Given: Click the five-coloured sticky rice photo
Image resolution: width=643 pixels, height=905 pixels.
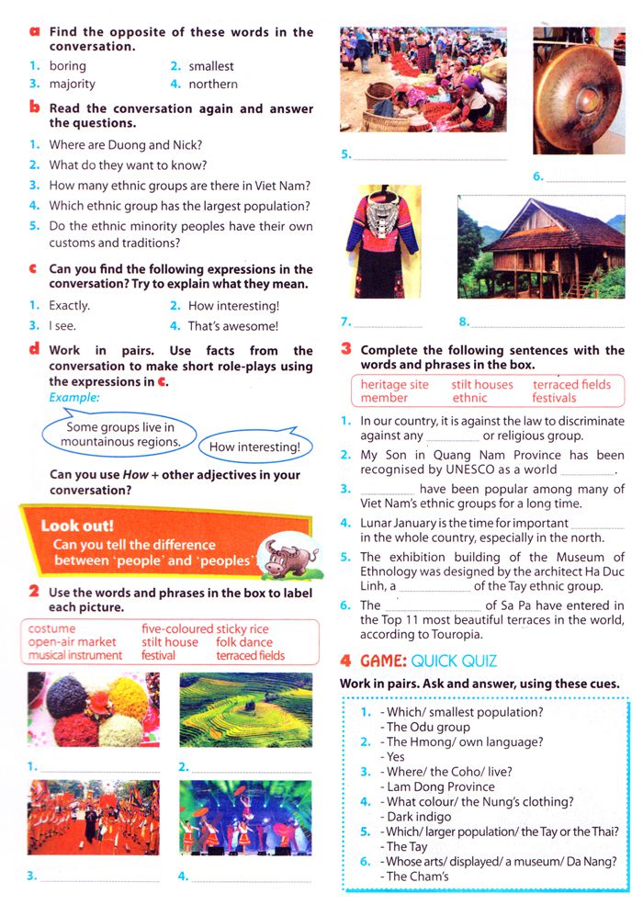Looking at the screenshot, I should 93,711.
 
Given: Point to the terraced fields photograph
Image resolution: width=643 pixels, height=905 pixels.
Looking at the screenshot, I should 245,711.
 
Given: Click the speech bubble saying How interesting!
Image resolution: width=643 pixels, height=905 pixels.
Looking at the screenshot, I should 254,447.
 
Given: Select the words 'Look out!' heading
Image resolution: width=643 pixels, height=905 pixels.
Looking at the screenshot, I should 77,526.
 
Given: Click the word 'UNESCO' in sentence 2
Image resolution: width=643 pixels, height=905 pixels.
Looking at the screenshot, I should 485,469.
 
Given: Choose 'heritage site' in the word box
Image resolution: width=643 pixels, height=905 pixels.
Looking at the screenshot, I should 394,384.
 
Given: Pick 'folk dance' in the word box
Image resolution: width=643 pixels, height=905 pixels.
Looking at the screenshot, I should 244,642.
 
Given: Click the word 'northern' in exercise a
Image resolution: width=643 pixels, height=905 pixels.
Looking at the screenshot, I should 213,84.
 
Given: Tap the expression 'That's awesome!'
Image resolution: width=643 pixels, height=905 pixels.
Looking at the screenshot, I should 232,325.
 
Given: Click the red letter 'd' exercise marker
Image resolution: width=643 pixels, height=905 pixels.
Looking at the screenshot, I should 33,349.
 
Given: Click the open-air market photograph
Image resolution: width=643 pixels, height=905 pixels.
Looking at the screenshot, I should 423,80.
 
